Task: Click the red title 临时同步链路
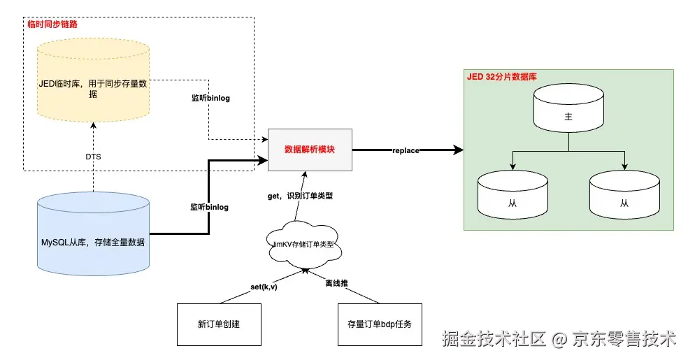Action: point(52,24)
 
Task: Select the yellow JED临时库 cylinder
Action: point(94,80)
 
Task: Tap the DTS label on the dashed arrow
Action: point(93,157)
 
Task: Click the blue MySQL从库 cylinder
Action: point(94,233)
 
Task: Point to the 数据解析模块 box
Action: point(310,150)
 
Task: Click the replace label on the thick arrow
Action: point(406,150)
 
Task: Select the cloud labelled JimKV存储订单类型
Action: point(304,244)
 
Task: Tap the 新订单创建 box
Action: point(219,324)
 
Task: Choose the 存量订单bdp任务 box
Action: point(380,324)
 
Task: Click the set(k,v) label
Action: point(264,287)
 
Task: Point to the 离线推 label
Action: point(336,283)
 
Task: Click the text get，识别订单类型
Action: point(300,196)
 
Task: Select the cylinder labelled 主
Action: point(568,108)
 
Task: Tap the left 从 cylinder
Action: point(513,195)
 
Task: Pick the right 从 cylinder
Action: point(625,195)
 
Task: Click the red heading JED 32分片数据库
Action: point(502,77)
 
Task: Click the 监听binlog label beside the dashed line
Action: point(210,98)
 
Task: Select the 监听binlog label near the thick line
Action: point(209,207)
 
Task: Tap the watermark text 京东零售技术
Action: point(624,338)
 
